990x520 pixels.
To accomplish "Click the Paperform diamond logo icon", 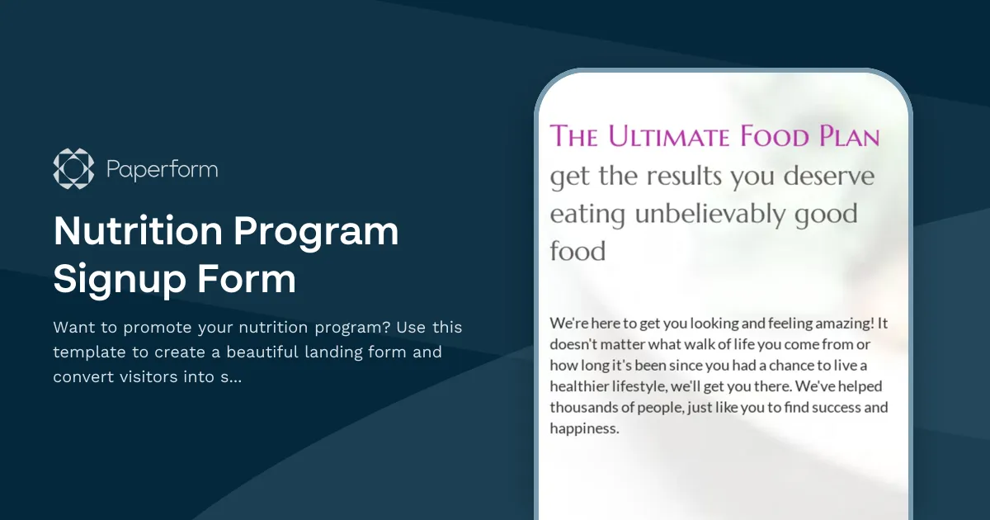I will tap(73, 169).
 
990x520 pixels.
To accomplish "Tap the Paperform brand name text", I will tap(162, 170).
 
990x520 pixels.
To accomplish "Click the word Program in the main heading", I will tap(317, 232).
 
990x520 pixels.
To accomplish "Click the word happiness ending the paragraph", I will tap(583, 429).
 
